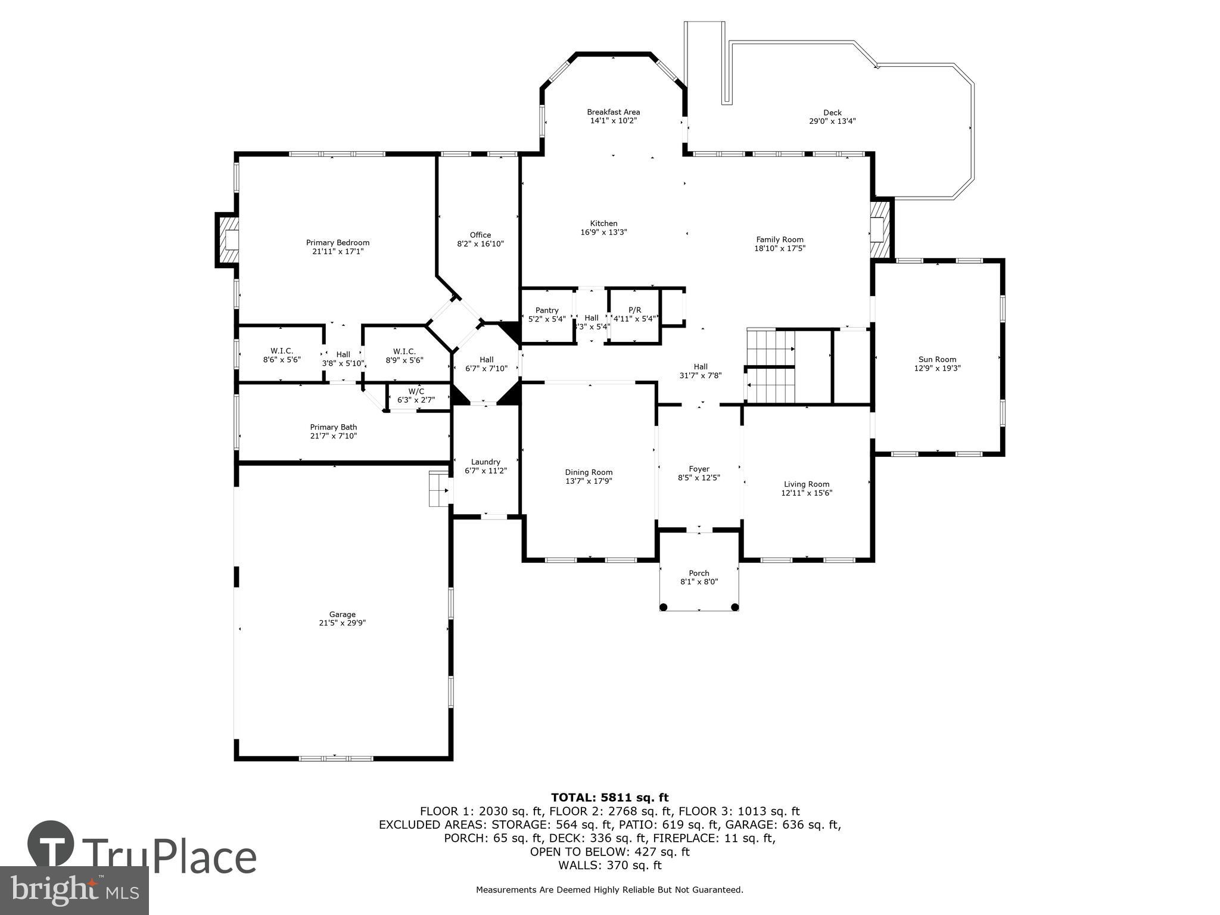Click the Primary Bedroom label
pyautogui.click(x=337, y=242)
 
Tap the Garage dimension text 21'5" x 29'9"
pyautogui.click(x=342, y=623)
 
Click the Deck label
pyautogui.click(x=832, y=113)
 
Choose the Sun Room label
pyautogui.click(x=937, y=359)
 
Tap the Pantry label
pyautogui.click(x=546, y=310)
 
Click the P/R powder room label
pyautogui.click(x=634, y=310)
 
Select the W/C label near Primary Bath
pyautogui.click(x=416, y=391)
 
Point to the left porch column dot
pyautogui.click(x=664, y=607)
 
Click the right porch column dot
pyautogui.click(x=735, y=607)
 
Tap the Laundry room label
pyautogui.click(x=485, y=462)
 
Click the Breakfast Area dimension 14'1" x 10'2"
pyautogui.click(x=613, y=120)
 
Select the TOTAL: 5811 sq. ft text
pyautogui.click(x=609, y=798)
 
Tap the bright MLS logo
pyautogui.click(x=74, y=890)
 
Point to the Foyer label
pyautogui.click(x=699, y=469)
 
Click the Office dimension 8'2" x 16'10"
pyautogui.click(x=480, y=244)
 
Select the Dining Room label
pyautogui.click(x=589, y=472)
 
